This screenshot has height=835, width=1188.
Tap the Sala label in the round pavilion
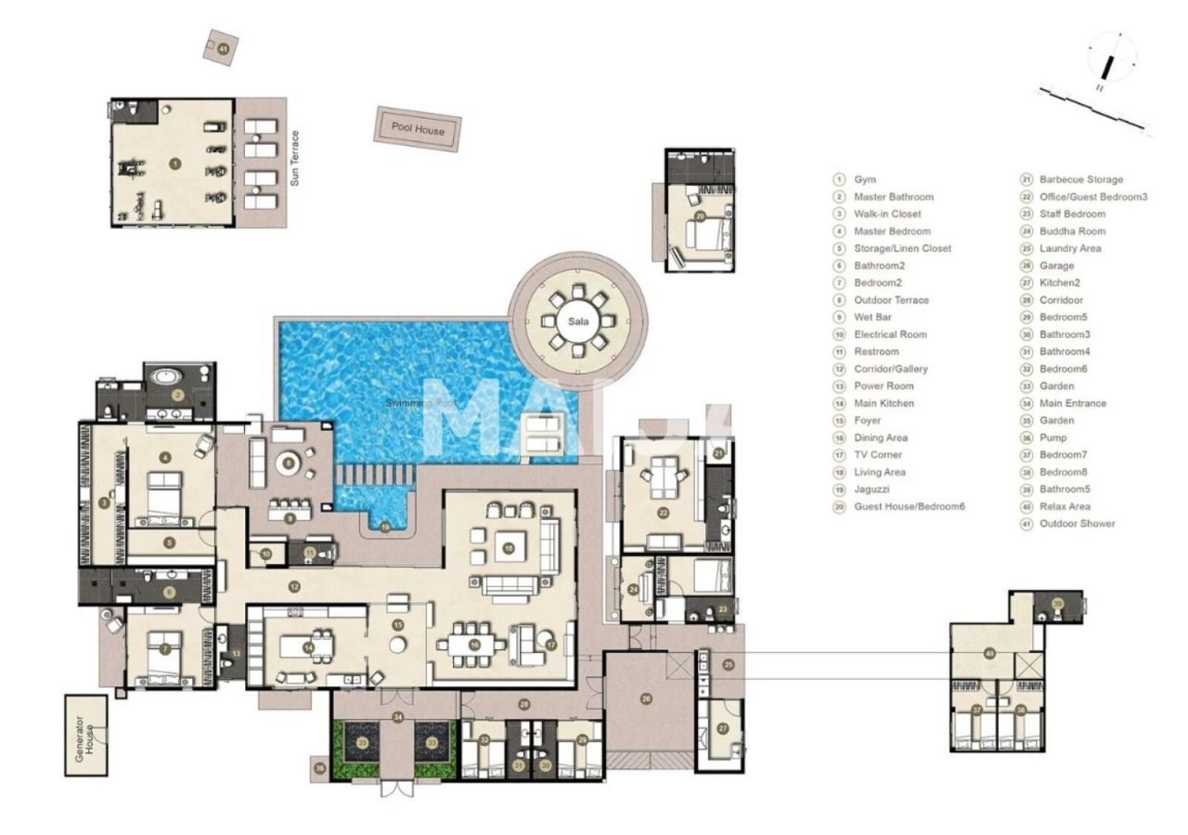579,321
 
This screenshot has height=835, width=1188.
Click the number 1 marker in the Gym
174,163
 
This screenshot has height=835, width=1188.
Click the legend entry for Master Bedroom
892,231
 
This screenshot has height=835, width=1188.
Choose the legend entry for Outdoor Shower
1077,524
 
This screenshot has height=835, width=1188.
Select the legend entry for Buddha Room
1072,231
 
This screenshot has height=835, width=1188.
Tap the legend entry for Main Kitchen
884,403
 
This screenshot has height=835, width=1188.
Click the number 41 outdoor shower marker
223,46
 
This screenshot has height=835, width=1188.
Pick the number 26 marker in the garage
647,699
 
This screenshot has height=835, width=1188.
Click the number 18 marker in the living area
509,549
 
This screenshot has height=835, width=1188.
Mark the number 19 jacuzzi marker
386,527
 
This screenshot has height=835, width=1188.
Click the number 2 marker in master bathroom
178,395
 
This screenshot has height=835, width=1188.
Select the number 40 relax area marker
990,654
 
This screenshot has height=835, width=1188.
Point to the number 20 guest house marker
700,215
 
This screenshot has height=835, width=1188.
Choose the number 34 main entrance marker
398,716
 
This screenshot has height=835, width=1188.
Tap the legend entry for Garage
1056,266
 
